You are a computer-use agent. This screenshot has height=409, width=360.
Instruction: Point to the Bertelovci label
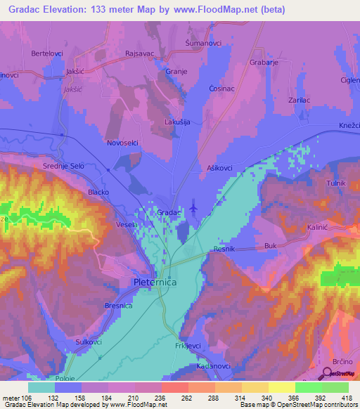coord(47,53)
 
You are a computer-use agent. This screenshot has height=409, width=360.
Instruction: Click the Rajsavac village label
coord(139,53)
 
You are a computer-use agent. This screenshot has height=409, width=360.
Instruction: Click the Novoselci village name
coord(122,143)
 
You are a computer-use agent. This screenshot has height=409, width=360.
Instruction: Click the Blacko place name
coord(97,192)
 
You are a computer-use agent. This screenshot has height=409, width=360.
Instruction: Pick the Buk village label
coord(271,246)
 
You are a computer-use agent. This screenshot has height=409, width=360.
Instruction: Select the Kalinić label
coord(318,228)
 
